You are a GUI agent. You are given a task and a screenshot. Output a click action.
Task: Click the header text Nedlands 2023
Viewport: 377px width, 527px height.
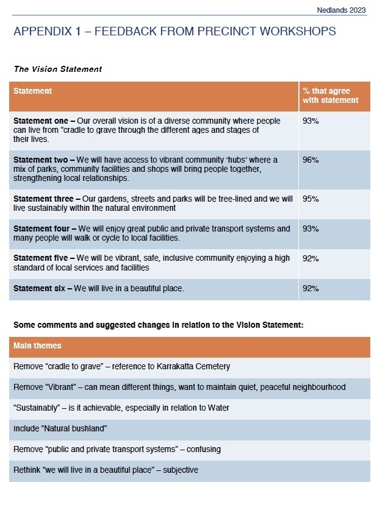342,10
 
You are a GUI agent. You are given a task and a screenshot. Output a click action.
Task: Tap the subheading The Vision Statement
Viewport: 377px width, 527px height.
57,69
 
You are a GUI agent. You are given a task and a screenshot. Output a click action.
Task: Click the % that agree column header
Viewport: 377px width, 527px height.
330,96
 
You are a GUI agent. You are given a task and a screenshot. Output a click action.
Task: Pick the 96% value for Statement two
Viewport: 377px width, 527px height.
311,160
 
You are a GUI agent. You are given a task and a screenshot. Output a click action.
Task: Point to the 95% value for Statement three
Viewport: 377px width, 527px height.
311,199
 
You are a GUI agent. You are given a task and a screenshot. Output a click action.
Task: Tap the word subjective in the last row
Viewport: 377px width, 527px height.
181,470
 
